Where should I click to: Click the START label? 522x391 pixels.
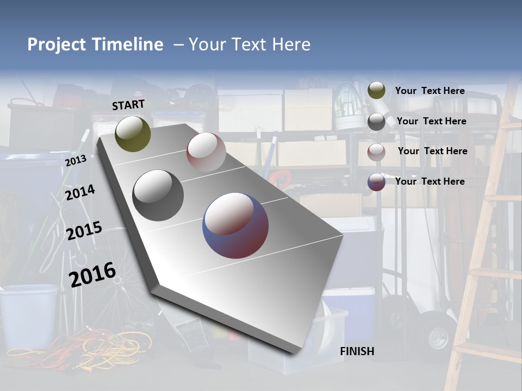[x=128, y=105]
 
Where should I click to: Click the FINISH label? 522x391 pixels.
[x=357, y=351]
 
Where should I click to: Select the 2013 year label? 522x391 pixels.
[x=76, y=161]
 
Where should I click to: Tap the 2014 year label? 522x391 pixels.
[x=80, y=193]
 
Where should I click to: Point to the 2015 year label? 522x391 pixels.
[x=84, y=231]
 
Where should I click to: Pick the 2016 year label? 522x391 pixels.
[x=92, y=274]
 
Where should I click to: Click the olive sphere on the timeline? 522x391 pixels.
[x=133, y=134]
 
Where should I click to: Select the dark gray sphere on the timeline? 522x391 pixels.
[x=158, y=195]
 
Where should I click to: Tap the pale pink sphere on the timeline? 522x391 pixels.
[x=206, y=152]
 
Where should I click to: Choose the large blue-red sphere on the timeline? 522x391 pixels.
[x=235, y=225]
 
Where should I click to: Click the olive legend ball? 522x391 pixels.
[x=376, y=91]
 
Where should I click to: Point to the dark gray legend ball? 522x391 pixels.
[x=376, y=121]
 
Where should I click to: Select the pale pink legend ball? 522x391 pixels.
[x=376, y=152]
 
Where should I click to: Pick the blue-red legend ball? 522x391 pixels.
[x=376, y=182]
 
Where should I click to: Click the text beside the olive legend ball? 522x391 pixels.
[x=430, y=91]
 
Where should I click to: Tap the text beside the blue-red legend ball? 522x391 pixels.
[x=430, y=181]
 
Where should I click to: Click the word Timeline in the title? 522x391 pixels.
[x=128, y=45]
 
